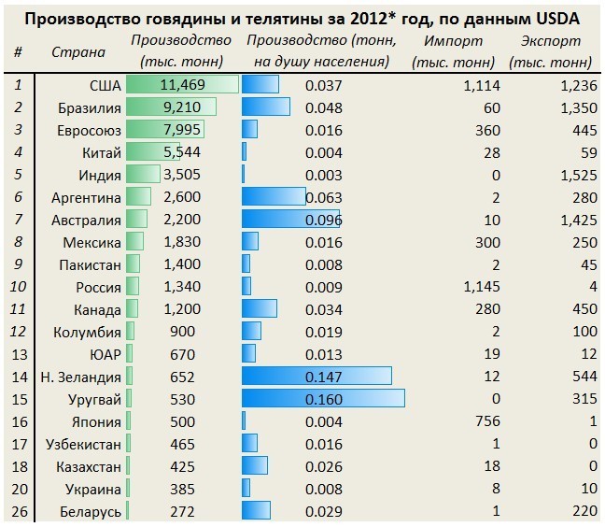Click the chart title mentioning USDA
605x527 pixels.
[302, 18]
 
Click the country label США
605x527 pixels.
[105, 85]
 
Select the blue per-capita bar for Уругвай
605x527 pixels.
[323, 398]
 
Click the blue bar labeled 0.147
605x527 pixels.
[317, 377]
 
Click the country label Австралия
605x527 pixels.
[88, 220]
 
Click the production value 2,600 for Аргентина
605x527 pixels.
[181, 197]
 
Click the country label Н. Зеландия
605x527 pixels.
[80, 377]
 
